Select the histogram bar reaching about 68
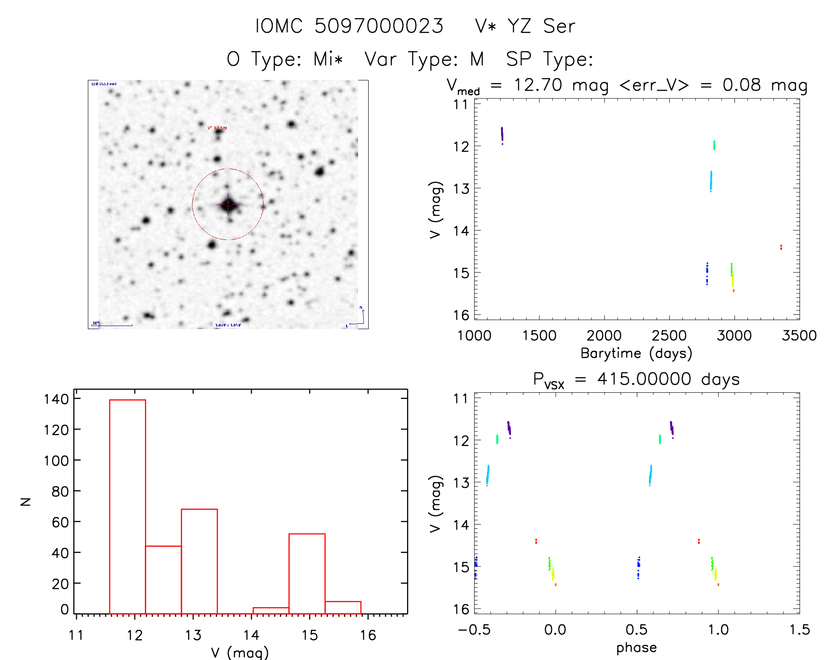tap(199, 561)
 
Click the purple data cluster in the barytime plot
tap(502, 134)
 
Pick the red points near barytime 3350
tap(781, 247)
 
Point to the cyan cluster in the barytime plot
tap(711, 181)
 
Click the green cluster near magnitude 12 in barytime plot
tap(714, 145)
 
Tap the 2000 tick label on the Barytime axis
tap(604, 335)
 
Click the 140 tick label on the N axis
tap(56, 399)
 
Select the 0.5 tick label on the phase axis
tap(637, 630)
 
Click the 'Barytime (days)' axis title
tap(636, 353)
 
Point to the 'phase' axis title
tap(636, 648)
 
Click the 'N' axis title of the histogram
tap(26, 501)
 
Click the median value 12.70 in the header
tap(538, 85)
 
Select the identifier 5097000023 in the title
tap(378, 26)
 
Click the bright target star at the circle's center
tap(228, 205)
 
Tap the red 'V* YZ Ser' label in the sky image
tap(217, 128)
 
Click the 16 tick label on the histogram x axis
tap(368, 635)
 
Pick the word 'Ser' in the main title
tap(559, 26)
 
